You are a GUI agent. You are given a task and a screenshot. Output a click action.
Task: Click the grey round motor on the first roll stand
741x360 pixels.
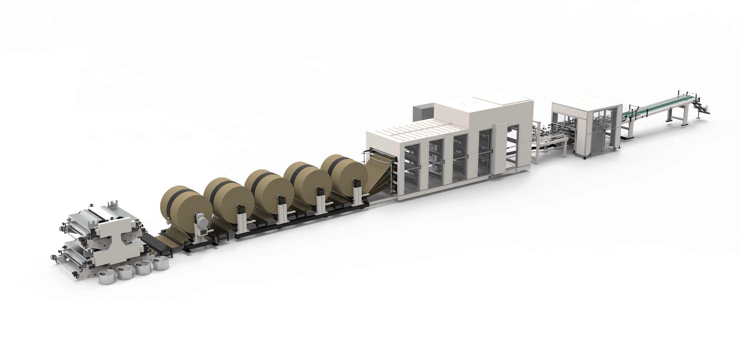202,222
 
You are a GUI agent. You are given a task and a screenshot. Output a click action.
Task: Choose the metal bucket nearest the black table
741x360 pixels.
160,263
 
